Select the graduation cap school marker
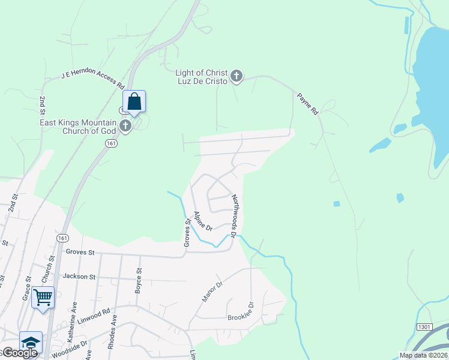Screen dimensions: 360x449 (31, 342)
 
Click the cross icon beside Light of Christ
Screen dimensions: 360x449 (237, 76)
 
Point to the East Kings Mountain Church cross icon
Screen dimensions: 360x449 (125, 126)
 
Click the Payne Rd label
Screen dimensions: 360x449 (307, 103)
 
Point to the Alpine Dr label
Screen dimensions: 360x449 (203, 221)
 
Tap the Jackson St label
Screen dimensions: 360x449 (79, 277)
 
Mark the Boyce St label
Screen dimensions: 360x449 (139, 279)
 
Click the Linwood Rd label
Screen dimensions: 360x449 (97, 314)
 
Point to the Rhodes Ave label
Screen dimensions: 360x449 (113, 329)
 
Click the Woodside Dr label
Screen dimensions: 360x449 (71, 347)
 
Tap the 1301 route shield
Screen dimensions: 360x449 (424, 326)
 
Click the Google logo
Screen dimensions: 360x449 (19, 353)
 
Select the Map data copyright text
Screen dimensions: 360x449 (424, 355)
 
